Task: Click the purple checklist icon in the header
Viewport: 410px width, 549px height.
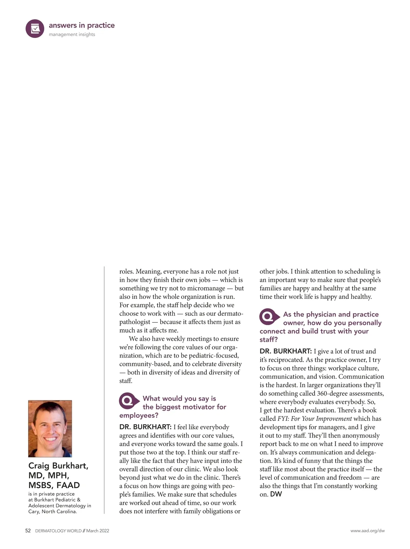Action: [35, 29]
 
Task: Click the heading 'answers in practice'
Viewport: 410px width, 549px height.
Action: [82, 25]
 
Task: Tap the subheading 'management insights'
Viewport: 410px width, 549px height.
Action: [72, 35]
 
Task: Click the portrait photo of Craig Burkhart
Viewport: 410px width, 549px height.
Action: [50, 428]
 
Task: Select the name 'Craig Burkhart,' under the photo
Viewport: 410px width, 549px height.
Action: [58, 466]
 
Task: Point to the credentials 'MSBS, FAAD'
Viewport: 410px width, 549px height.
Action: [54, 485]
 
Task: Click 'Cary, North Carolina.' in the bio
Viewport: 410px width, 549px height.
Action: [53, 512]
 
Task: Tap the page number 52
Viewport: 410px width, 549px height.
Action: [28, 531]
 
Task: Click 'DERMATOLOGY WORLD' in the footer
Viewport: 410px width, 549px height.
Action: [58, 531]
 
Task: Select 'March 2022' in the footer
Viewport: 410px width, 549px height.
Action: [98, 531]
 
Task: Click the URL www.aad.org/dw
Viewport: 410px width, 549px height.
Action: [367, 531]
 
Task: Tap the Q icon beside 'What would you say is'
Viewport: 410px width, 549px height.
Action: [128, 401]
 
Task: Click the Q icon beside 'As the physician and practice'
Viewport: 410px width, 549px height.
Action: [269, 317]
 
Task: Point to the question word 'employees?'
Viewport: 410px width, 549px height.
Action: [139, 415]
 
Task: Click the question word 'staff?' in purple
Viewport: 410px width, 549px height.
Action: [269, 339]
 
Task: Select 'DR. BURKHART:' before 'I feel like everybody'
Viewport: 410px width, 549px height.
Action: [145, 427]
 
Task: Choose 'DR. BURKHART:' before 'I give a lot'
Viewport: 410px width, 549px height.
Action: [286, 351]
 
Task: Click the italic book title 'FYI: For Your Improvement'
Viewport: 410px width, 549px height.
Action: [314, 419]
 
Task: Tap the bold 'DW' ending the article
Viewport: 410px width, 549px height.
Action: [276, 494]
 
